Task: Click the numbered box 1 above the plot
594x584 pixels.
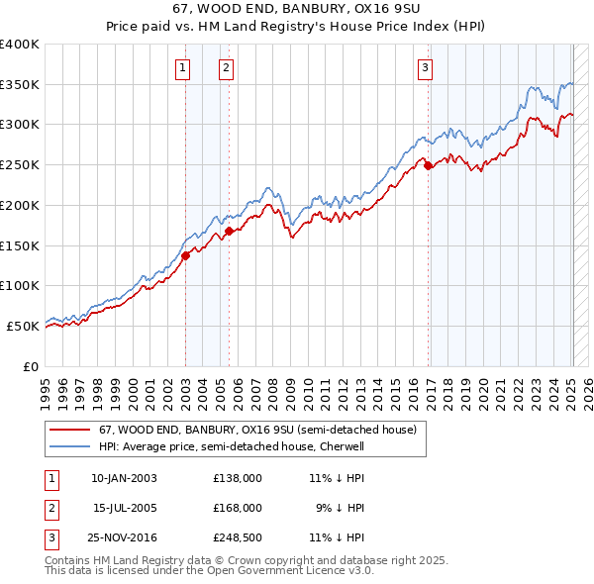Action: tap(184, 68)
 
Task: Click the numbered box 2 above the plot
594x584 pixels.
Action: tap(227, 68)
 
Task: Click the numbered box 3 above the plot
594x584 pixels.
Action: tap(425, 68)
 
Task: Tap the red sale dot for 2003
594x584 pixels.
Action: tap(185, 254)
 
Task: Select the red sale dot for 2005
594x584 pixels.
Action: tap(229, 231)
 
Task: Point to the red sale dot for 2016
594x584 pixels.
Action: tap(429, 166)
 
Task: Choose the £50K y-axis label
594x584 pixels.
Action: tap(24, 326)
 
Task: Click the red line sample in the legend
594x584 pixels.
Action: tap(69, 431)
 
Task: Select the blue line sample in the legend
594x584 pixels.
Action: tap(69, 446)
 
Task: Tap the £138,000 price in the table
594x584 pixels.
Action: tap(238, 478)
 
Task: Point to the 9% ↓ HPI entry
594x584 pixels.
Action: tap(342, 508)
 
